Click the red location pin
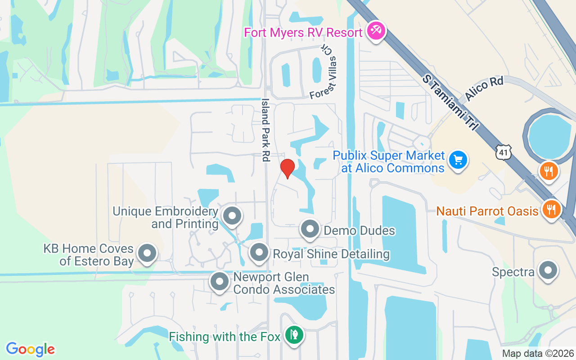tap(287, 168)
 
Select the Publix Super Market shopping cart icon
tap(458, 160)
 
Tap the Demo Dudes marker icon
tap(310, 229)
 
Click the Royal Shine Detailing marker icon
tap(259, 252)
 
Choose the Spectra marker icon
tap(548, 270)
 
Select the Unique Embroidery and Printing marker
tap(232, 216)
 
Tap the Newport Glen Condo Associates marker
tap(220, 282)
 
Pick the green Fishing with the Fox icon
tap(294, 335)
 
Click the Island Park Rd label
tap(265, 130)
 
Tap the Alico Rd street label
tap(484, 89)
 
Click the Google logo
tap(31, 349)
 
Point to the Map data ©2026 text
tap(538, 354)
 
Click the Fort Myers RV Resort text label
tap(303, 33)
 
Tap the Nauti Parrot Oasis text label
tap(487, 211)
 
